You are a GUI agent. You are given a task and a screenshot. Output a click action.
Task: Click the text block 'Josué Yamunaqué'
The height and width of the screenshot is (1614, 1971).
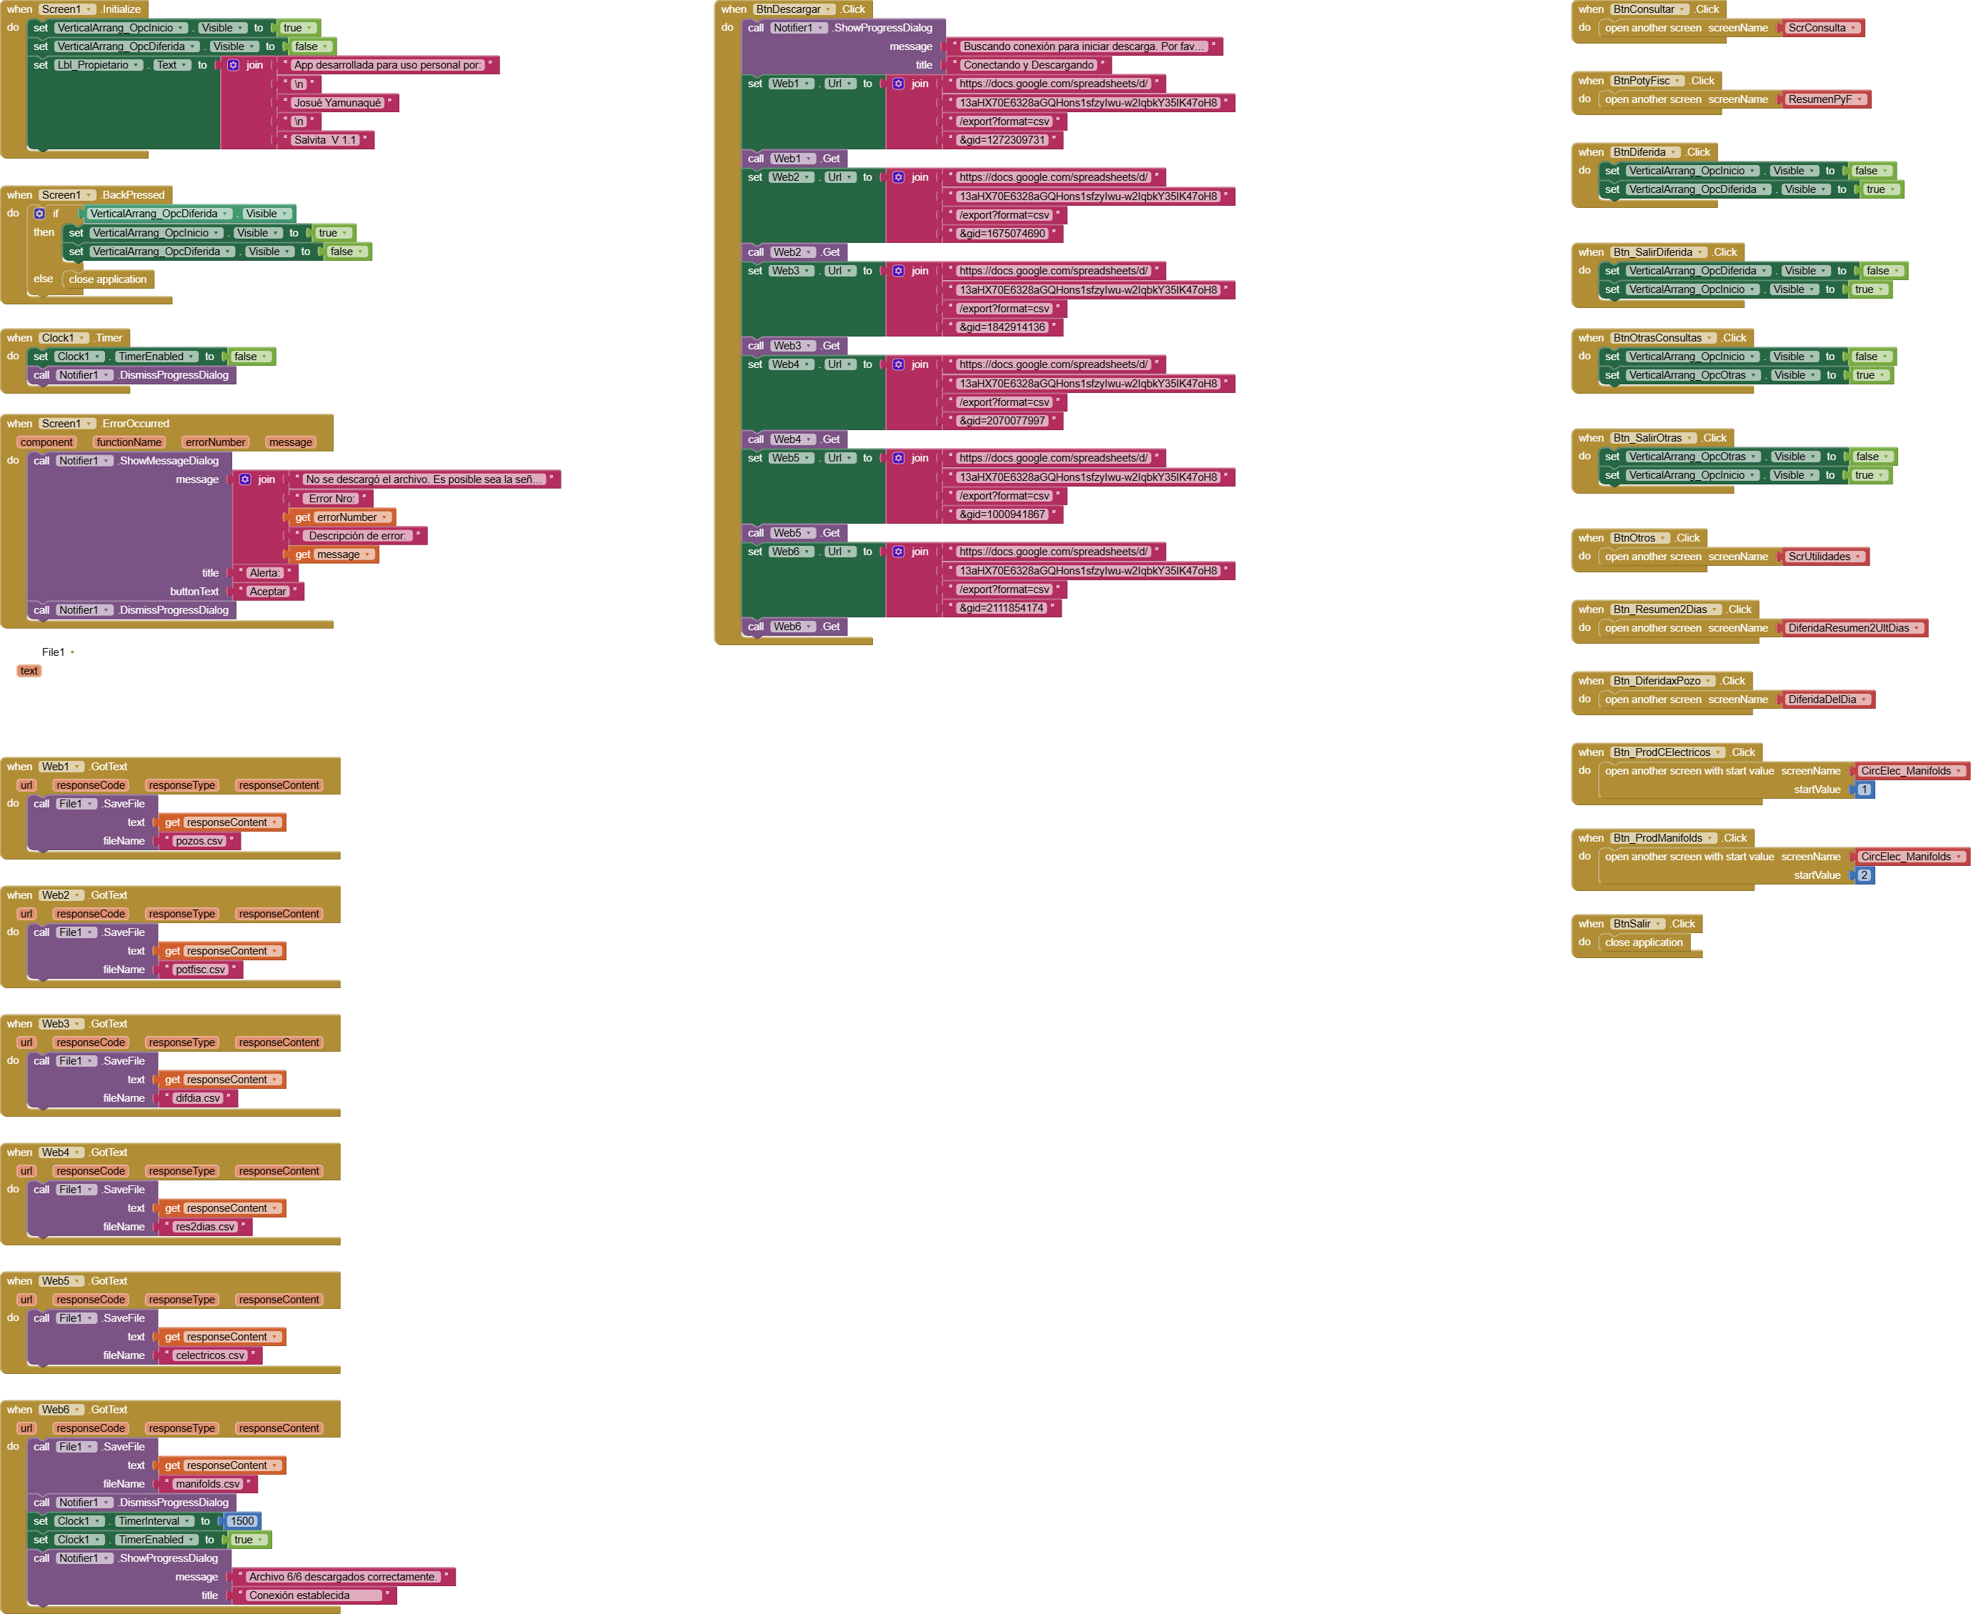point(337,103)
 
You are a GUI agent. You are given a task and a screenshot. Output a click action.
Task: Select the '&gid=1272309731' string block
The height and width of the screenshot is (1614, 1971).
point(1002,140)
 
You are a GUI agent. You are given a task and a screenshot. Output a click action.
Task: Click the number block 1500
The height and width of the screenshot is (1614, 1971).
point(241,1521)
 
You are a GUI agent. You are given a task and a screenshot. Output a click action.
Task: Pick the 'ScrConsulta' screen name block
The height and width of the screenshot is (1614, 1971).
point(1817,28)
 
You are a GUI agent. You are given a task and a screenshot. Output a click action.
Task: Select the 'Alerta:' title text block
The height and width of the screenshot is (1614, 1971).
point(264,574)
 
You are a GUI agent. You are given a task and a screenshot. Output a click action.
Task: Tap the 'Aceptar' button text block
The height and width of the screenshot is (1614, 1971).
point(268,592)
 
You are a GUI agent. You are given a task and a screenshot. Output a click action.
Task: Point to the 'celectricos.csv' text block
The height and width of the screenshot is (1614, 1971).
point(210,1355)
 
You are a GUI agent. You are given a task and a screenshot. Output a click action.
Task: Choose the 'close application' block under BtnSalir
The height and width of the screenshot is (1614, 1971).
point(1644,942)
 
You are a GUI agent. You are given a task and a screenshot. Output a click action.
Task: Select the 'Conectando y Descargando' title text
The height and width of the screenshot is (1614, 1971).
point(1028,65)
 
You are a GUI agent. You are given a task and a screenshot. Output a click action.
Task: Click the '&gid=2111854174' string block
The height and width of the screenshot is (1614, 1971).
point(1002,608)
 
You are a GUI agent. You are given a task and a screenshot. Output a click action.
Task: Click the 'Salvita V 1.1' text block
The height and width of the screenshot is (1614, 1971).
point(325,140)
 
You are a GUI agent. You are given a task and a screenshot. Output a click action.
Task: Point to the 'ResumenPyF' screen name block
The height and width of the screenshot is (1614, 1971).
point(1820,99)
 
